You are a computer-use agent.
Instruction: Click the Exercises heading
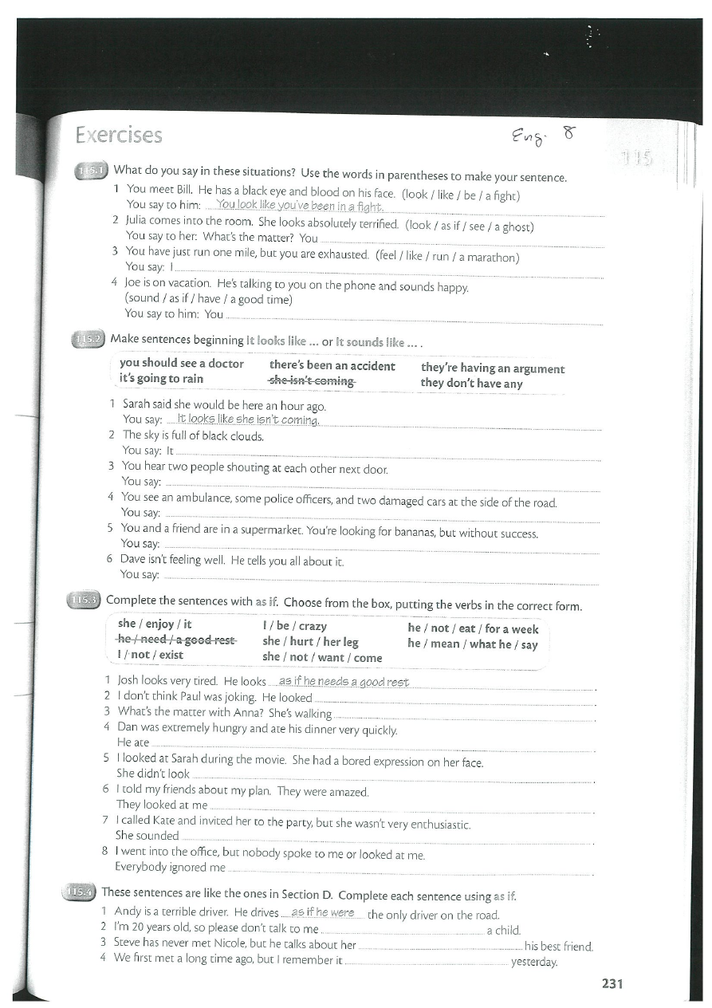(x=119, y=136)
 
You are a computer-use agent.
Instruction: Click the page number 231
(x=612, y=983)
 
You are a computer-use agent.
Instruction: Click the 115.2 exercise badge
(x=88, y=341)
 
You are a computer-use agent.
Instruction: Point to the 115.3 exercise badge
(x=84, y=600)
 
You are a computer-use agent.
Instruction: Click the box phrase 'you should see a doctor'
(x=181, y=364)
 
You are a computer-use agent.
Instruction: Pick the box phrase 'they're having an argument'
(x=492, y=368)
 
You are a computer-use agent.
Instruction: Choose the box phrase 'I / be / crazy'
(x=294, y=626)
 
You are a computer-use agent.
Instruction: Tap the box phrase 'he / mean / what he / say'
(x=472, y=644)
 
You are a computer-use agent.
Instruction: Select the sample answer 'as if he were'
(x=322, y=912)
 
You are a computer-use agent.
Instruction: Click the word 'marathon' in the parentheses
(x=490, y=257)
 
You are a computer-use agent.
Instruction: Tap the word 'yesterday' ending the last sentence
(x=534, y=962)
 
